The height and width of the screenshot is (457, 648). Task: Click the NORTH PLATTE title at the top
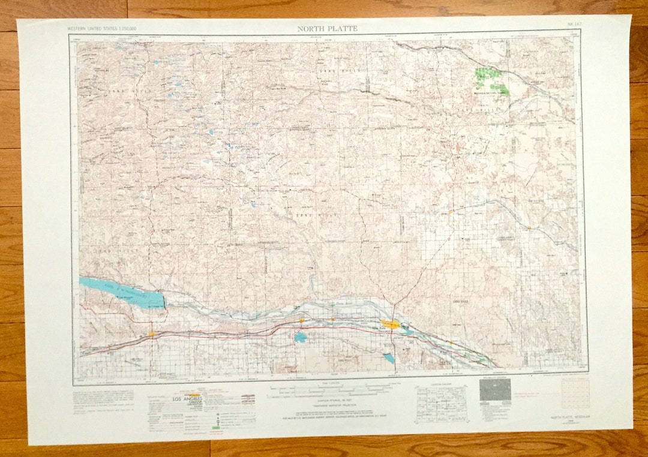[x=327, y=28]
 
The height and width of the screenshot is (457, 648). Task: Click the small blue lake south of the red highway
[x=300, y=338]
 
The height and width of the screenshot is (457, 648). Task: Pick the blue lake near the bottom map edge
[x=389, y=358]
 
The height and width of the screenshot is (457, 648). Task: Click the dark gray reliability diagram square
[x=495, y=390]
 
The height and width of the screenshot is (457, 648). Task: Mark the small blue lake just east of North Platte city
[x=407, y=330]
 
